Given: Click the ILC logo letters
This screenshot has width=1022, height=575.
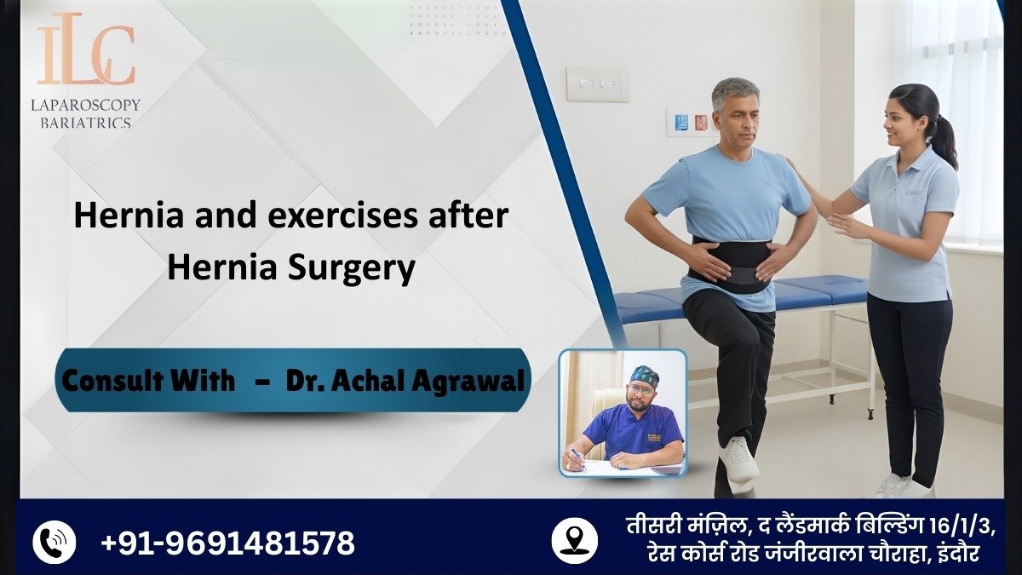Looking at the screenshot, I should (85, 53).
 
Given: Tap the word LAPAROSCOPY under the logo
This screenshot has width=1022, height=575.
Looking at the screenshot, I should (85, 105).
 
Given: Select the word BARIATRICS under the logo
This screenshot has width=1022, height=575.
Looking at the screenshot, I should (85, 123).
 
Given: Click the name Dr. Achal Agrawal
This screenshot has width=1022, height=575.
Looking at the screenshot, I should (405, 380).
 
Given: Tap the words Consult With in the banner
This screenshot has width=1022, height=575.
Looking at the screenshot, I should (150, 380).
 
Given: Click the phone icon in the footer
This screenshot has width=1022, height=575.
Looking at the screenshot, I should (55, 542).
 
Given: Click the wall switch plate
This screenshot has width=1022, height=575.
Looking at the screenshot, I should (596, 84).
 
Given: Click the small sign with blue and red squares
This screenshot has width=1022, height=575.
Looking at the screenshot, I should (692, 122).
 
